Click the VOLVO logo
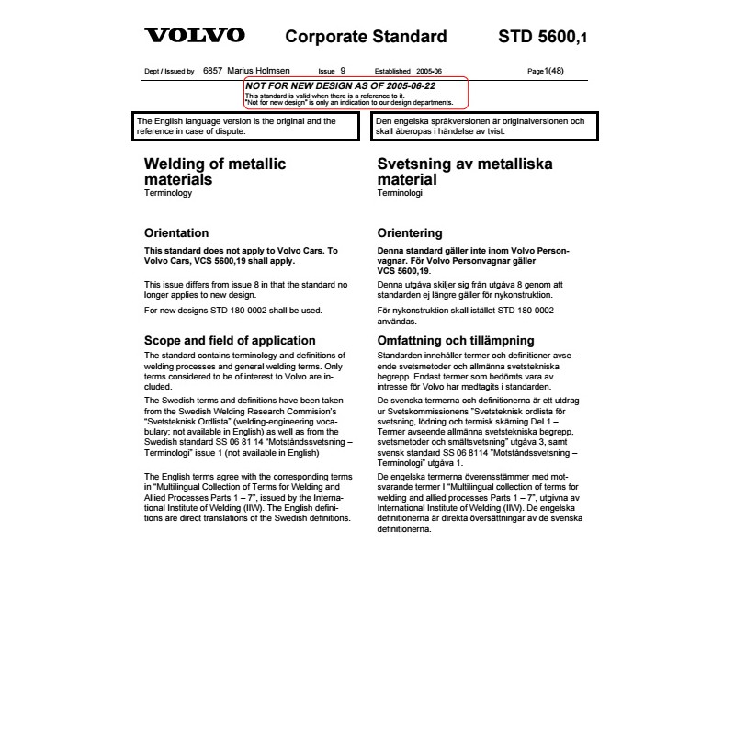[195, 37]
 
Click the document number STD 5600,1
[541, 38]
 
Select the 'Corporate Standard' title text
[366, 38]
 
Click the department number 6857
[212, 71]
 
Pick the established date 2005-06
[429, 71]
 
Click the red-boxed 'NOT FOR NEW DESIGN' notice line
[340, 85]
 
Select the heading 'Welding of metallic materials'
[215, 172]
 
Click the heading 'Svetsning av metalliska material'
[451, 172]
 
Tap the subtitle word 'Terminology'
[168, 195]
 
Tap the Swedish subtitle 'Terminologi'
[400, 195]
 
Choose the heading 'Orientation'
[176, 232]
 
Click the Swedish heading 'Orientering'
[410, 232]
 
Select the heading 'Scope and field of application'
[230, 340]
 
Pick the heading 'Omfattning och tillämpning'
[456, 340]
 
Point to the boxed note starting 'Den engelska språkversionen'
[485, 126]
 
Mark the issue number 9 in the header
[343, 71]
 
